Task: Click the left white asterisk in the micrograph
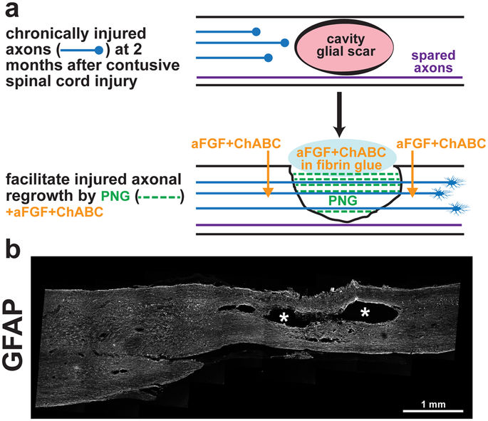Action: [x=284, y=317]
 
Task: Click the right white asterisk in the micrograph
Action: [x=365, y=311]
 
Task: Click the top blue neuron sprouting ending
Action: [x=452, y=182]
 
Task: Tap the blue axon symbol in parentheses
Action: [x=84, y=50]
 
